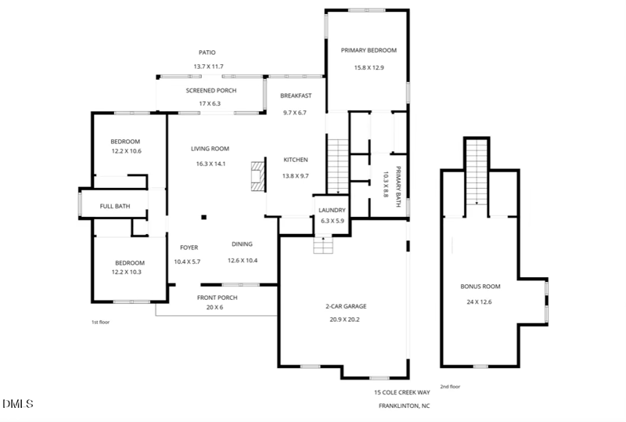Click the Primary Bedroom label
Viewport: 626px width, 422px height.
click(x=369, y=50)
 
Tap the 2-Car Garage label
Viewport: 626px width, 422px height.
click(x=346, y=306)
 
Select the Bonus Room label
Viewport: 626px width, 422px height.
click(x=480, y=287)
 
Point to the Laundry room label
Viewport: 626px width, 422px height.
click(x=332, y=210)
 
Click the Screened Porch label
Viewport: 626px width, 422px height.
click(x=210, y=90)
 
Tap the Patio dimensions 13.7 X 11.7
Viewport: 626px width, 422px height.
click(x=208, y=67)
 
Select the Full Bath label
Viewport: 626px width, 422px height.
click(x=114, y=207)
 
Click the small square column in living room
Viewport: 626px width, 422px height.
click(x=203, y=218)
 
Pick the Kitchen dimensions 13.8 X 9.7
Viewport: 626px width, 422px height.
click(x=295, y=176)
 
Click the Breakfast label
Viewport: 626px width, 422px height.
click(x=296, y=96)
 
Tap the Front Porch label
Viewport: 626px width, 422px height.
click(x=216, y=298)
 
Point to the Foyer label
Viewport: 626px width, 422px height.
click(x=189, y=247)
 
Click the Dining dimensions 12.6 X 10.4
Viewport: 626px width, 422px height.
click(x=243, y=261)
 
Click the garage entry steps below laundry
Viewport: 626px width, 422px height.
click(x=323, y=244)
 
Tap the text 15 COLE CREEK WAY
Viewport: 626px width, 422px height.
click(x=402, y=392)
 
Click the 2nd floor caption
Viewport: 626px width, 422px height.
click(x=450, y=386)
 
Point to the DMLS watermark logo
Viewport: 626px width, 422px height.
click(x=17, y=404)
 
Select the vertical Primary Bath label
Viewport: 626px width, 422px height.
click(x=398, y=188)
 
